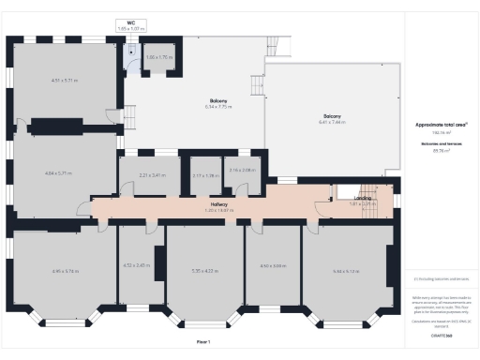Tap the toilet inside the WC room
(x=131, y=54)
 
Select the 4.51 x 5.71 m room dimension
(x=64, y=81)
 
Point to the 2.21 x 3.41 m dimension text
(x=152, y=175)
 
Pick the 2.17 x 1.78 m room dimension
(x=204, y=175)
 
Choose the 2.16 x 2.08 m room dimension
(x=242, y=171)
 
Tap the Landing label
(x=362, y=199)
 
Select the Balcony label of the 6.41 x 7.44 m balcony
(x=332, y=116)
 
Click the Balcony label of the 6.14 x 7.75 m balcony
(x=218, y=100)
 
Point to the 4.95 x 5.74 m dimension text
(x=66, y=271)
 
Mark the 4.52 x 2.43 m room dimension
(x=137, y=266)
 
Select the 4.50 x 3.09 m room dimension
(x=272, y=266)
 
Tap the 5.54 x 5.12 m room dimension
(x=346, y=271)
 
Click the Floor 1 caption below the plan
(x=203, y=342)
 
